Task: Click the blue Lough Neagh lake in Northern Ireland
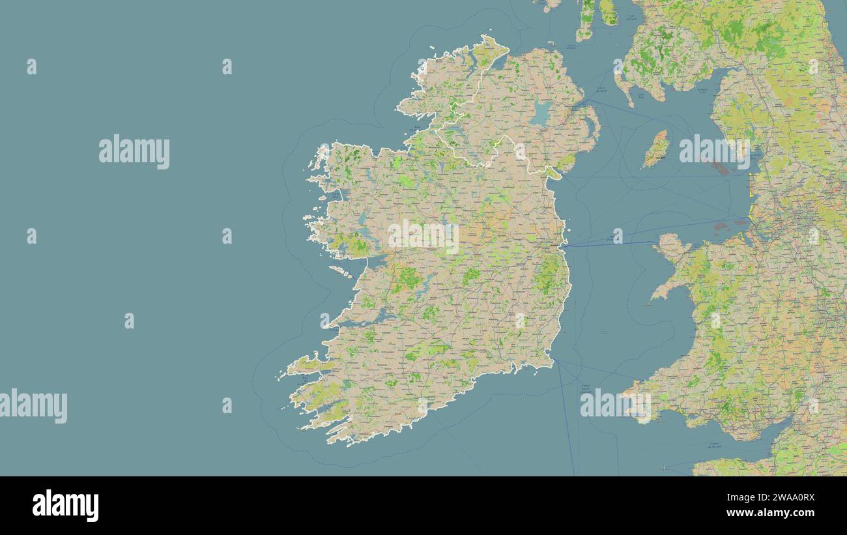pyautogui.click(x=540, y=113)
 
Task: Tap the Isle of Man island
pyautogui.click(x=656, y=149)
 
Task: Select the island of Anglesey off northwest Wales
pyautogui.click(x=671, y=246)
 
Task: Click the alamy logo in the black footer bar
pyautogui.click(x=66, y=506)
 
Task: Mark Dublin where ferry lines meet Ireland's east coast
pyautogui.click(x=555, y=246)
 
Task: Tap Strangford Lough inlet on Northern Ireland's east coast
pyautogui.click(x=590, y=124)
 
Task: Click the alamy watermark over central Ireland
pyautogui.click(x=423, y=236)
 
